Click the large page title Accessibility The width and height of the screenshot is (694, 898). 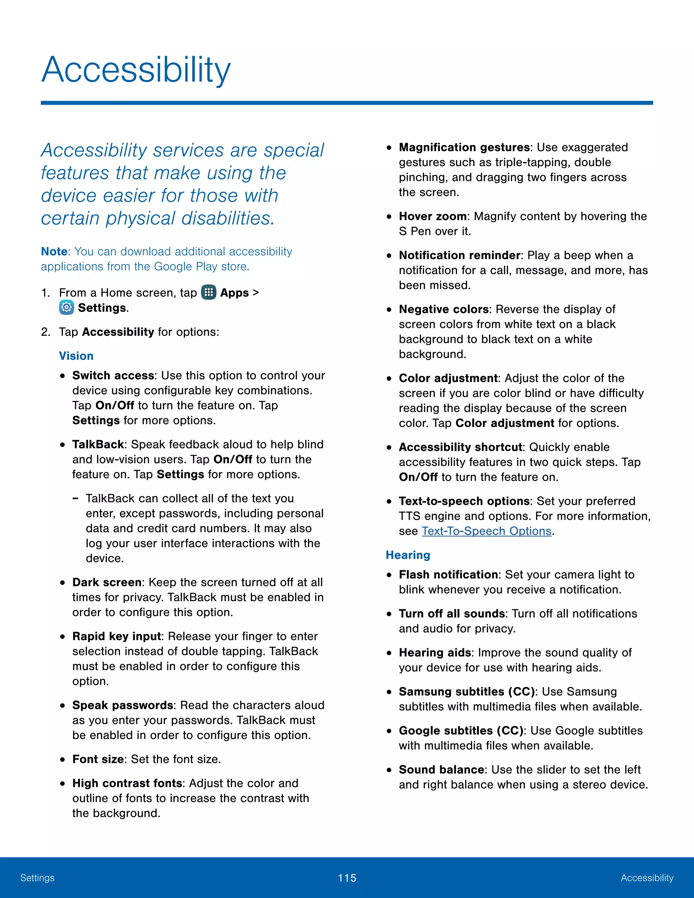tap(136, 70)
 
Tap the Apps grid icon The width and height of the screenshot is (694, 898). tap(208, 292)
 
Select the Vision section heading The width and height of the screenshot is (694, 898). tap(76, 356)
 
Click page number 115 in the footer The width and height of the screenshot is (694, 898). tap(347, 878)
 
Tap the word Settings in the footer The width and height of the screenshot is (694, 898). tap(37, 878)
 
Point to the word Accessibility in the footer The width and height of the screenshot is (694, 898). tap(647, 878)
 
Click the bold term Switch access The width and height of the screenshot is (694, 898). tap(113, 375)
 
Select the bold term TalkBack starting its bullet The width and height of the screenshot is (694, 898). tap(98, 445)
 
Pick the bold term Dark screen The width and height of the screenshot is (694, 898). tap(107, 582)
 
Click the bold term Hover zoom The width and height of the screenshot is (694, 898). tap(432, 216)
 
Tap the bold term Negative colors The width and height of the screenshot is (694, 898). tap(444, 309)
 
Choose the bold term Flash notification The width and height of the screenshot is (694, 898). tap(448, 574)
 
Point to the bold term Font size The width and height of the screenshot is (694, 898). tap(98, 759)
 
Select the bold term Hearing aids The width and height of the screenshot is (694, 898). tap(434, 653)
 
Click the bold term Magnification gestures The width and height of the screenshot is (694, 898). tap(464, 147)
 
